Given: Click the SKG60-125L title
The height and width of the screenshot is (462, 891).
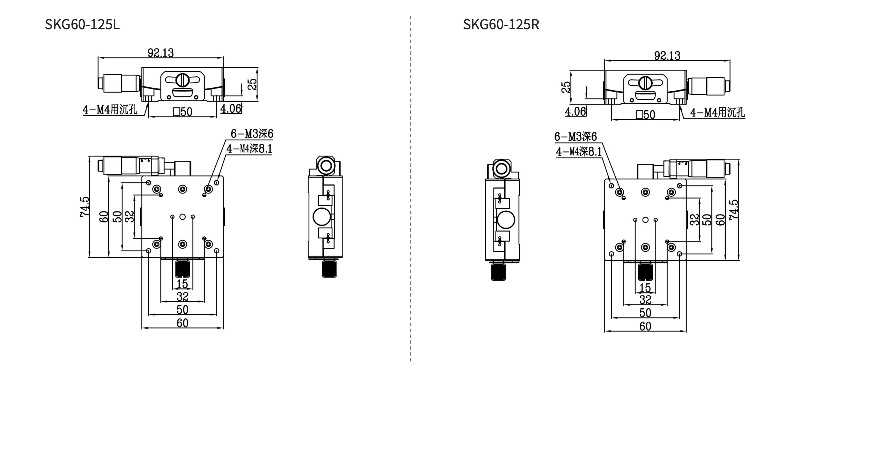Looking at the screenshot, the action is (82, 24).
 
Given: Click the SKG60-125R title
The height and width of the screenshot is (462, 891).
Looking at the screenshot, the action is (501, 24).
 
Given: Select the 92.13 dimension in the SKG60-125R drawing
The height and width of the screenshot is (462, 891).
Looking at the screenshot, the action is (667, 55).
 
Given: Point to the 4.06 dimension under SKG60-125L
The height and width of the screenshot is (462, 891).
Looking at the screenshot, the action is (230, 109).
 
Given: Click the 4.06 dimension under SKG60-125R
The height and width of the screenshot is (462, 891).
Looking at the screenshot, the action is (575, 111).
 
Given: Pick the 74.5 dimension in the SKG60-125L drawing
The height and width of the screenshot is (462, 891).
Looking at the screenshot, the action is (85, 207).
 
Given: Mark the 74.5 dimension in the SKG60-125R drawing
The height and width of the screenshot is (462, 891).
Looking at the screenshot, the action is (733, 209).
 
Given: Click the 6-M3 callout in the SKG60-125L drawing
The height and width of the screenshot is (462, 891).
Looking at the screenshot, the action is (252, 134).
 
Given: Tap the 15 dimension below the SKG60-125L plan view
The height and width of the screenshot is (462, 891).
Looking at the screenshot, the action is (182, 284).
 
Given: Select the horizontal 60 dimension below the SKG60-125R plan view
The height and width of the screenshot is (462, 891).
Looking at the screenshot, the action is (645, 326).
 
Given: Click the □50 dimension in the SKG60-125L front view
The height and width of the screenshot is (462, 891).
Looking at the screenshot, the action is (183, 112).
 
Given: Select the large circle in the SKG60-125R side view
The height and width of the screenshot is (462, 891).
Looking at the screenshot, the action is (505, 220).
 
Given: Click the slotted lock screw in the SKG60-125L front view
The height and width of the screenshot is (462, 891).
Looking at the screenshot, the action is (182, 80).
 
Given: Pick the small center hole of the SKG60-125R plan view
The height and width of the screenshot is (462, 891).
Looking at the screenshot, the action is (645, 220).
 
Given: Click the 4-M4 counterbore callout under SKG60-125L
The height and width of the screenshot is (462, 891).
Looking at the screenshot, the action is (110, 110).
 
